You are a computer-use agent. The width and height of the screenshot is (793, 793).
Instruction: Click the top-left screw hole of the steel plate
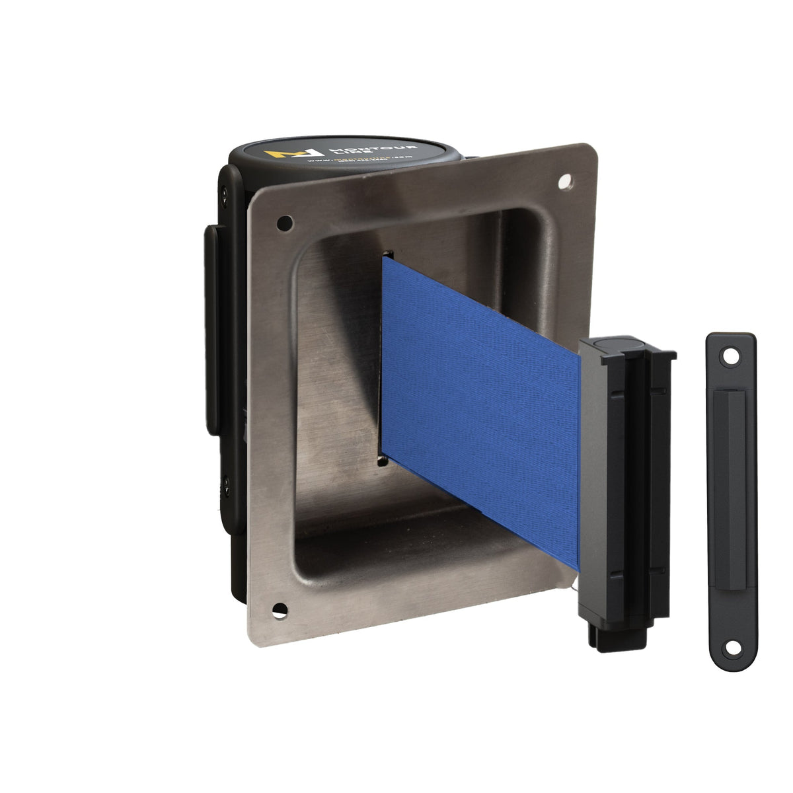coord(284,223)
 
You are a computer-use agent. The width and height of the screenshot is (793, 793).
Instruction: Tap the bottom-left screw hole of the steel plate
coord(280,609)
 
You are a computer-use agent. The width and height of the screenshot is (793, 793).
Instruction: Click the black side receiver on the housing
coord(213,330)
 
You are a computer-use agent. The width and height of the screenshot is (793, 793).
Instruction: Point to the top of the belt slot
coord(388,254)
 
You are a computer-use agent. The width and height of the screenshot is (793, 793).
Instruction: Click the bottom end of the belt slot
coord(382,461)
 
